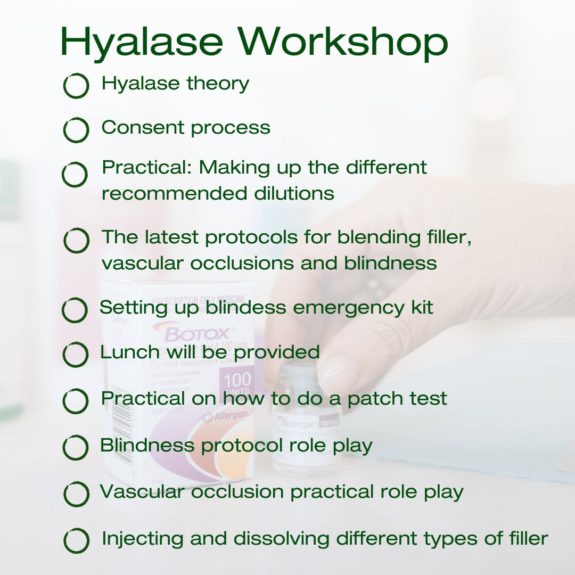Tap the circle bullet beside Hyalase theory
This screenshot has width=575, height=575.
(x=76, y=86)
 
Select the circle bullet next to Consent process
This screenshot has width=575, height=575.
(x=76, y=130)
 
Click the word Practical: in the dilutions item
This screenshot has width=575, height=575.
(x=147, y=168)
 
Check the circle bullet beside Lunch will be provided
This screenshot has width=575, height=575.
(x=76, y=355)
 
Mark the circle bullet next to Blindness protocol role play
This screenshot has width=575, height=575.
(x=76, y=448)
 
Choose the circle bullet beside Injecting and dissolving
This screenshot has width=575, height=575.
(x=76, y=541)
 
